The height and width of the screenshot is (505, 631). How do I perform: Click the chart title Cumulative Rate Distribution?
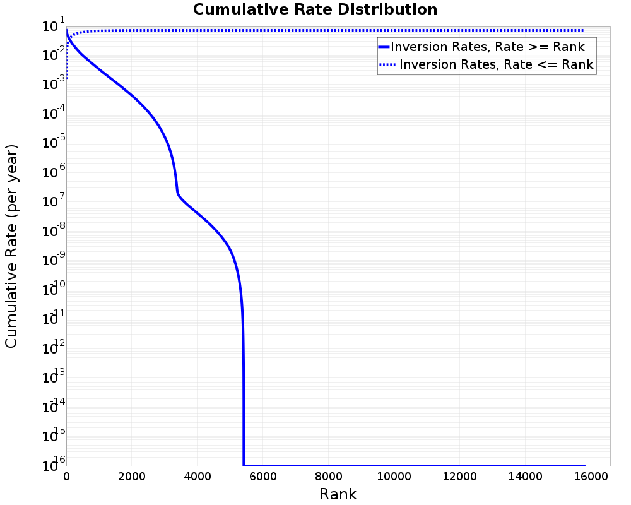tap(315, 9)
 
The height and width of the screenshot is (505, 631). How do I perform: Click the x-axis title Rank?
tap(338, 494)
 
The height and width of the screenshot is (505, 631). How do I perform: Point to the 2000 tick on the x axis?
tap(132, 477)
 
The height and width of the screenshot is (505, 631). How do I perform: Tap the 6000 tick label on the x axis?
tap(263, 477)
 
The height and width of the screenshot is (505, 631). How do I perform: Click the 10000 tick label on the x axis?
tap(394, 477)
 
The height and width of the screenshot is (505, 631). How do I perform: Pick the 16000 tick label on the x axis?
tap(591, 477)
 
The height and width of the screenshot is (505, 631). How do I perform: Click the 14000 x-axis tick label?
tap(526, 477)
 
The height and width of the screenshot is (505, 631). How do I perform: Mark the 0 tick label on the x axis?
tap(66, 477)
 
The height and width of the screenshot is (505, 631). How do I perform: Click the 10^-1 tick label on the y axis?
tap(53, 25)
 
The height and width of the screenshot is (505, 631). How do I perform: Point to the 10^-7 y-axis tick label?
tap(53, 201)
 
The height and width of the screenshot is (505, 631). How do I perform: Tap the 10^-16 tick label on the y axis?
tap(53, 465)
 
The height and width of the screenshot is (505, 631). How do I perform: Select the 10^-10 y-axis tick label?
tap(53, 289)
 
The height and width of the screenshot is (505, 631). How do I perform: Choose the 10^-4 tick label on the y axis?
tap(53, 114)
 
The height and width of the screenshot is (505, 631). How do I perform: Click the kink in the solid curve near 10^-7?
tap(177, 193)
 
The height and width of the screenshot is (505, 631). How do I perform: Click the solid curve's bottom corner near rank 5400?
tap(244, 465)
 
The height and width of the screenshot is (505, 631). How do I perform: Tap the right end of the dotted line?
tap(582, 30)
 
